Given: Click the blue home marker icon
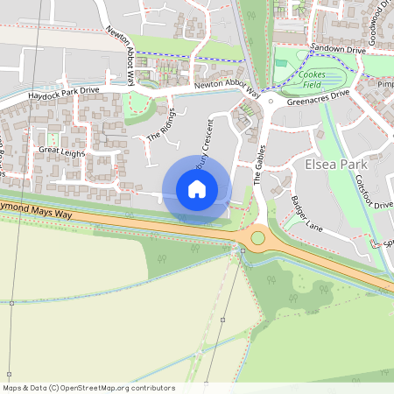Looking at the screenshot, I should click(x=197, y=189).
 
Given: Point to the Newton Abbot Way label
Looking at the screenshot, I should click(x=121, y=53).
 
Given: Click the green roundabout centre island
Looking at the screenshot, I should click(x=257, y=237).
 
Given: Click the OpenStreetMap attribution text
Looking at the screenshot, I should click(x=88, y=388).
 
